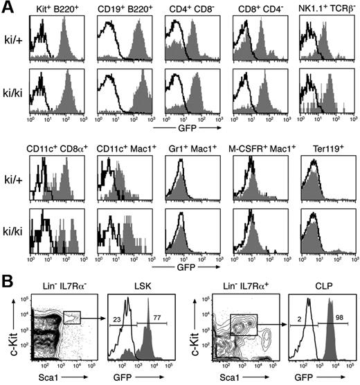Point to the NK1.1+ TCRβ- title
[326, 10]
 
